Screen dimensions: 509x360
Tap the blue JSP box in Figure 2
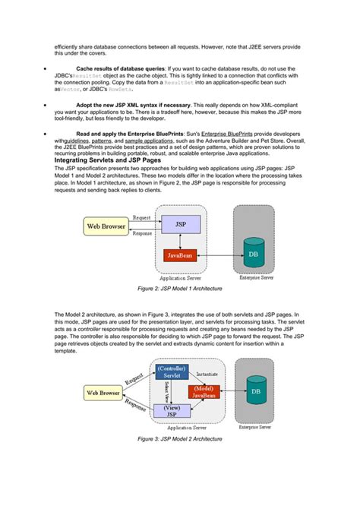point(180,225)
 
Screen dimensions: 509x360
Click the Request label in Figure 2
point(141,217)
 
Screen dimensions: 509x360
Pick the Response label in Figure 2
point(142,234)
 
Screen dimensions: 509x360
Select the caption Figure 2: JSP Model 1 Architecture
point(179,289)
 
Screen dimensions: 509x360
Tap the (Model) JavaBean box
point(202,392)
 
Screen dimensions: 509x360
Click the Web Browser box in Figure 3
point(103,393)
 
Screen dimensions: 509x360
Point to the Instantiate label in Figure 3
point(207,375)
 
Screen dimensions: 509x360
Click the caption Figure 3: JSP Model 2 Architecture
point(179,439)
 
